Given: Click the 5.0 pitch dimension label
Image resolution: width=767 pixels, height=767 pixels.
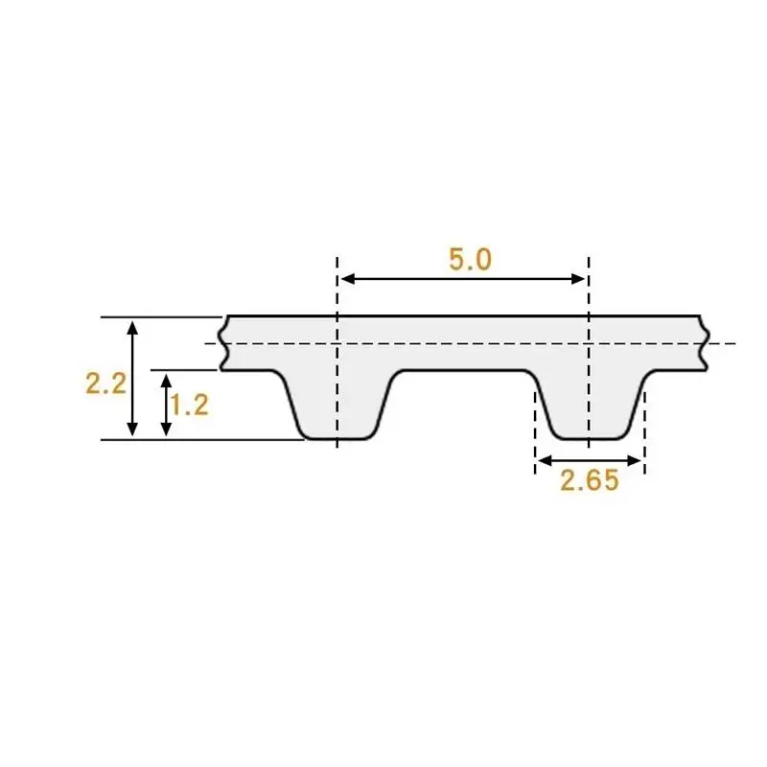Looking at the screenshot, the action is click(470, 259).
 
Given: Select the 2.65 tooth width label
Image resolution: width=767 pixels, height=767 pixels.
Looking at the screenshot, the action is click(590, 480).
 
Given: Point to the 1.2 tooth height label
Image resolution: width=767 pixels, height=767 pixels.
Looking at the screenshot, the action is click(190, 405).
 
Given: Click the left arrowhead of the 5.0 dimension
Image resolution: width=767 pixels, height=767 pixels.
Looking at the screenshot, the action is click(347, 279).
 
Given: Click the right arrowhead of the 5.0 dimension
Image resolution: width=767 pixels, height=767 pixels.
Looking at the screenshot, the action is click(578, 279).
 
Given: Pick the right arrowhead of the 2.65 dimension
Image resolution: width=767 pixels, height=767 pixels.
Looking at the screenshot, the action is click(634, 460).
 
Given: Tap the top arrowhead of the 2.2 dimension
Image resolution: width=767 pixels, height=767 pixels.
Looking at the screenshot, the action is click(132, 328).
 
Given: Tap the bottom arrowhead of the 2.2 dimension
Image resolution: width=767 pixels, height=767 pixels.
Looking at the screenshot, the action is click(132, 429).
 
